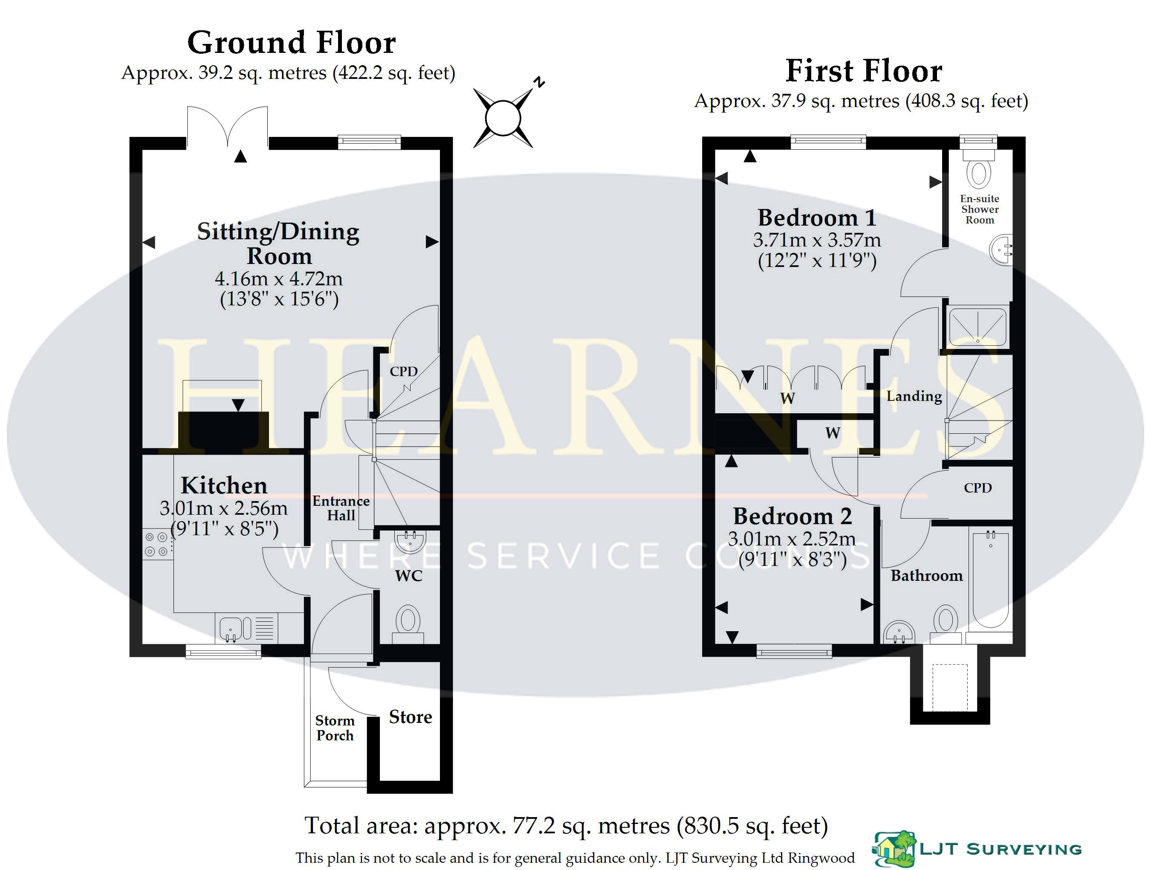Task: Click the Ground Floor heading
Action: [x=292, y=43]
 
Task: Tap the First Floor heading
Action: [x=864, y=71]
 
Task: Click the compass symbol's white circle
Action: [x=503, y=118]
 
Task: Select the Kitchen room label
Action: [x=224, y=485]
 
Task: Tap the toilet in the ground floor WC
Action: [x=408, y=624]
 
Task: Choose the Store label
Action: [x=411, y=717]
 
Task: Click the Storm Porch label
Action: [x=335, y=728]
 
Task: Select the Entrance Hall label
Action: [x=341, y=508]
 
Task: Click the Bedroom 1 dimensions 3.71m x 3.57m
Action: [x=817, y=240]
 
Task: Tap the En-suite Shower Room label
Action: [x=980, y=209]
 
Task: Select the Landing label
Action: [x=914, y=397]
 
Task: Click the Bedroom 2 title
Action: [x=792, y=516]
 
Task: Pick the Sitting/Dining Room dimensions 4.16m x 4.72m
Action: [x=279, y=279]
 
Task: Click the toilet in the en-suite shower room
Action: [x=978, y=168]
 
